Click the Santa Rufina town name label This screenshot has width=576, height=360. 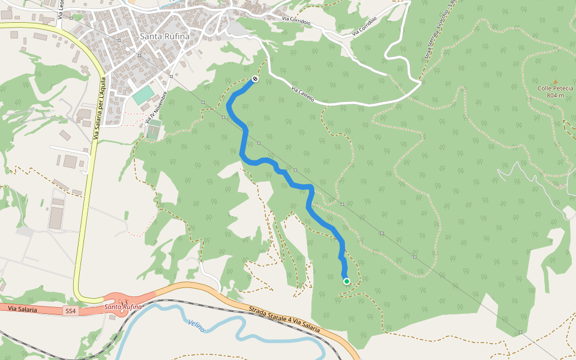click(164, 36)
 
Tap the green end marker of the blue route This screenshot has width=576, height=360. click(346, 281)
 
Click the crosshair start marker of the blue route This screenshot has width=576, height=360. click(255, 79)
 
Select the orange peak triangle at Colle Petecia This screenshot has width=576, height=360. click(555, 82)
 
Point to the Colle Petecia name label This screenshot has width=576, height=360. click(555, 89)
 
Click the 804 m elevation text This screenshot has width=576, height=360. click(556, 96)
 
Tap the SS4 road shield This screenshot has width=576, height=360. click(70, 310)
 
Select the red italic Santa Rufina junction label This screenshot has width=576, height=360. click(123, 307)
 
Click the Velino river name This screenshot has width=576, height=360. click(196, 326)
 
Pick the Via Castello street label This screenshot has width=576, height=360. click(302, 94)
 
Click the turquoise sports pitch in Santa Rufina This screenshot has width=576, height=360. click(143, 95)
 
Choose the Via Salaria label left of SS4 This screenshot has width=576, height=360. click(22, 310)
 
